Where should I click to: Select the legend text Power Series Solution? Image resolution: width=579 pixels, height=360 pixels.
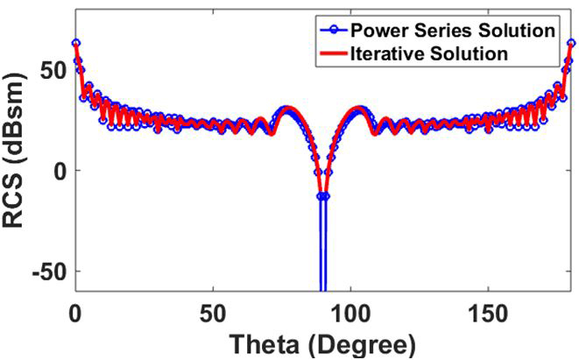pos(452,31)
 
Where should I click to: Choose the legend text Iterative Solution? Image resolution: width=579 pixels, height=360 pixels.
pos(429,53)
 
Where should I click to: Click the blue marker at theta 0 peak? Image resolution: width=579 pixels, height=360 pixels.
pos(76,42)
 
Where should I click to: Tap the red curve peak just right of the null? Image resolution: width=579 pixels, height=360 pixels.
pos(358,109)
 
